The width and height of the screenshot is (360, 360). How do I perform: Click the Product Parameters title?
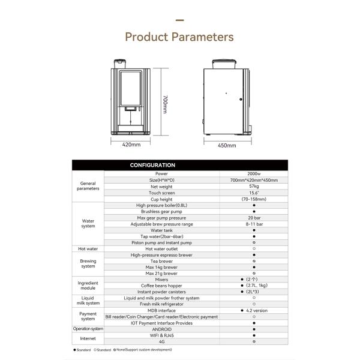click(x=179, y=37)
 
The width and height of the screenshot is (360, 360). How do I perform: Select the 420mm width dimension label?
click(x=131, y=145)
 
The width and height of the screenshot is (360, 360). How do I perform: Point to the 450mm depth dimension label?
click(x=226, y=145)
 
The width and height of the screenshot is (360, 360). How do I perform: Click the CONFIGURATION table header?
click(x=152, y=165)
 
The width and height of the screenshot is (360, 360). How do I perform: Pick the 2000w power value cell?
click(x=254, y=173)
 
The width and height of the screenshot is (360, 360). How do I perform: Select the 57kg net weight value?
click(x=254, y=186)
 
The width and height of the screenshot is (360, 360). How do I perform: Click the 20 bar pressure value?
click(x=254, y=217)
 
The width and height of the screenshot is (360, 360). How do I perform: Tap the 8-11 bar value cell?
click(x=254, y=224)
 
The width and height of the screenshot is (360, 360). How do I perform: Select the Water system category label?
click(x=88, y=224)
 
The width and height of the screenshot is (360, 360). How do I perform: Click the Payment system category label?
click(x=88, y=316)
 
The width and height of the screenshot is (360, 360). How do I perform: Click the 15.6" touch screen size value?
click(x=254, y=193)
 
